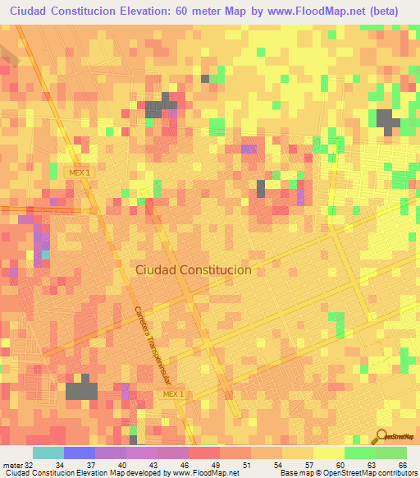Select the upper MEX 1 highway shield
click(79, 172)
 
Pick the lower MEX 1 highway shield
click(172, 394)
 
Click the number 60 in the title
click(190, 11)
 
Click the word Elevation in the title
click(153, 11)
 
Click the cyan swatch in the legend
click(48, 453)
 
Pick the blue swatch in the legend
click(80, 453)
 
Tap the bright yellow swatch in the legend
click(329, 453)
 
